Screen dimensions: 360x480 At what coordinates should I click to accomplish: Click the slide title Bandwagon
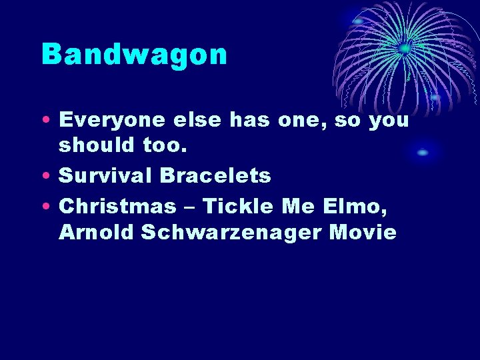click(x=134, y=55)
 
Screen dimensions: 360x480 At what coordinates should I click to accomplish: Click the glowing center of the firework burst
click(x=404, y=49)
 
